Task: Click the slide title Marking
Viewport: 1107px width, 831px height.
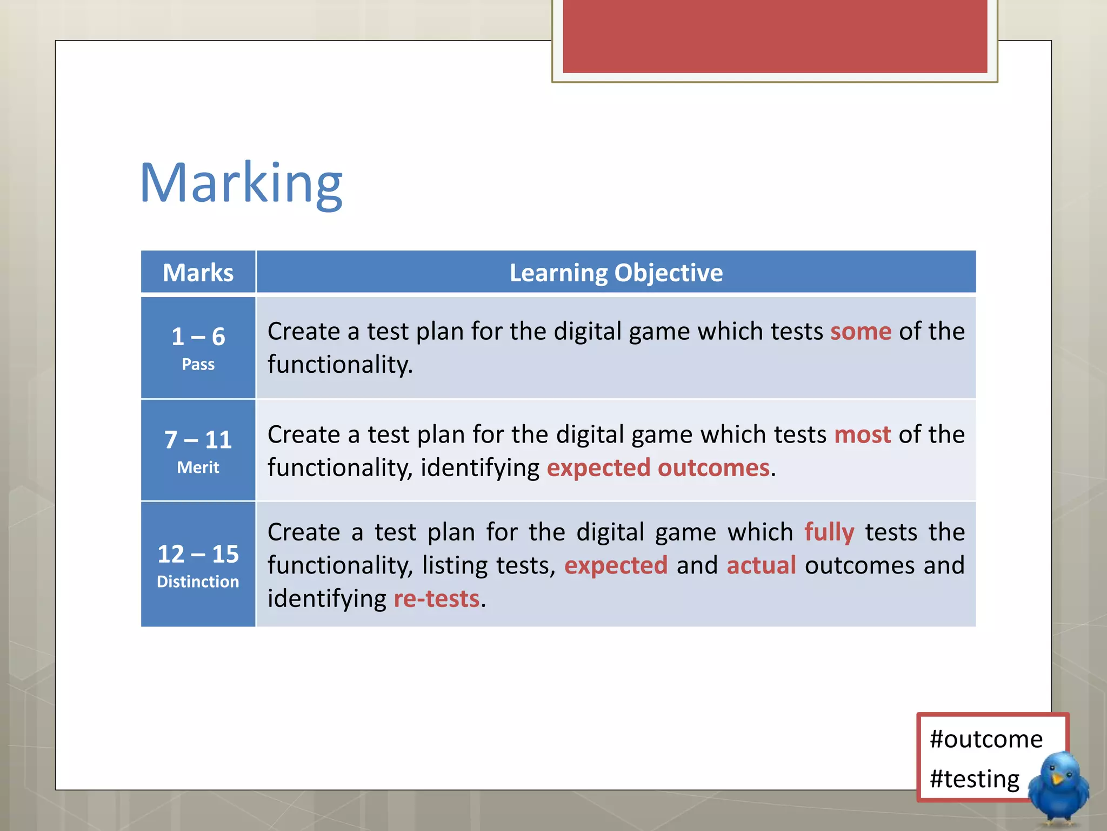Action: click(241, 183)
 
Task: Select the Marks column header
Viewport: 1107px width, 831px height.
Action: click(198, 273)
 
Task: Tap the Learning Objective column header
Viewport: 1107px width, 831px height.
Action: click(616, 273)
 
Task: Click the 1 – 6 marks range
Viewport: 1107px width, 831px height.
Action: click(198, 337)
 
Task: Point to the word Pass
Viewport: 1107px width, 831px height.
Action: click(198, 365)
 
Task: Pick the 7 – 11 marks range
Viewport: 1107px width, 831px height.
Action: click(198, 439)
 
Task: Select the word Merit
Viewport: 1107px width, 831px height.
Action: click(198, 467)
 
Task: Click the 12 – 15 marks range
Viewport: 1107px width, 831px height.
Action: click(198, 553)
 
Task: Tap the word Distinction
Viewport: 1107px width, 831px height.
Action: click(198, 582)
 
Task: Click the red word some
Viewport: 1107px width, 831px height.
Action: click(861, 331)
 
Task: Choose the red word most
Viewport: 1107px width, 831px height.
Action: click(862, 434)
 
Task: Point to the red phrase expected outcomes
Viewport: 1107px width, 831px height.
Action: click(658, 468)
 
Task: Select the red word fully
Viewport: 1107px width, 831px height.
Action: click(829, 532)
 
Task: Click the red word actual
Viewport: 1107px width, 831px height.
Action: click(761, 565)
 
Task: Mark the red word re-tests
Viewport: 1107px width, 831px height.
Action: click(436, 599)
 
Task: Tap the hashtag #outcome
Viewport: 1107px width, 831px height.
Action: click(986, 739)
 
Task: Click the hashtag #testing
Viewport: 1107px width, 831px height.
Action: click(974, 779)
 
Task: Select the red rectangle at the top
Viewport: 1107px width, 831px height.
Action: click(775, 36)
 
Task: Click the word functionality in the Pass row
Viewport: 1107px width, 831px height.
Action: click(339, 365)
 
